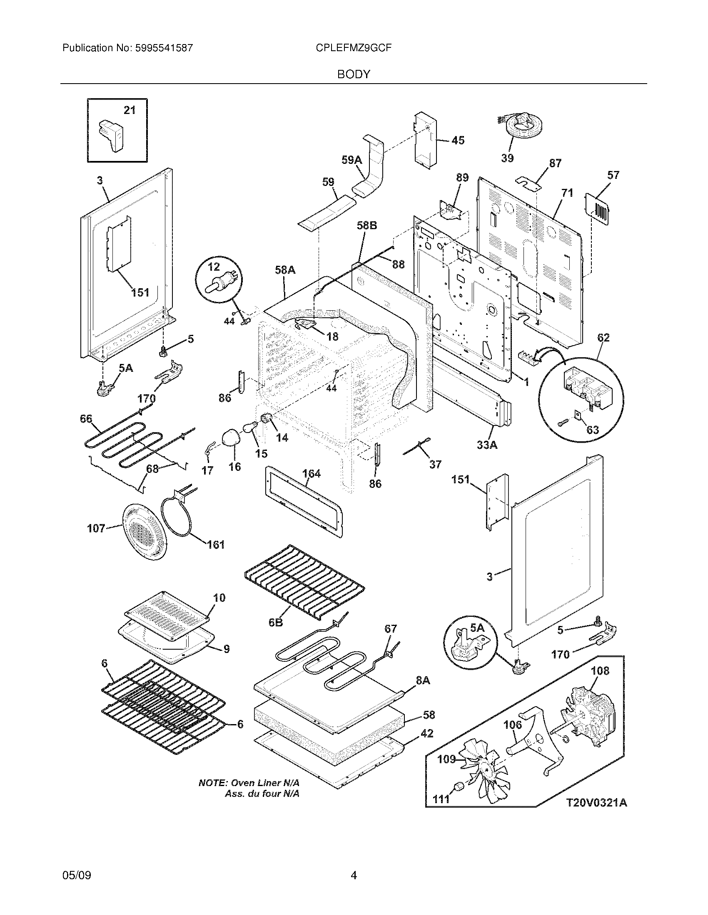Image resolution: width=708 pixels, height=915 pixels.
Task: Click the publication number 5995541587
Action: coord(164,48)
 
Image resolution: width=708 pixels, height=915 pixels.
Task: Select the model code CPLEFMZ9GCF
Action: coord(354,48)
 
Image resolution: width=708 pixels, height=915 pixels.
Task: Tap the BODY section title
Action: coord(354,74)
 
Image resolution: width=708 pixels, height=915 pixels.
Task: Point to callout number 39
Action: coord(507,158)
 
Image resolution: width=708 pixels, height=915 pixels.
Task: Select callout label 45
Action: coord(458,140)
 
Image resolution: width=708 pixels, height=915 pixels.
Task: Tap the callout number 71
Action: coord(567,193)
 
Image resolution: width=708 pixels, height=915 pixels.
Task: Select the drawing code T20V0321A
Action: coord(597,803)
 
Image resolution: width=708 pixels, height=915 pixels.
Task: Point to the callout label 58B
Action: coord(367,225)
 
